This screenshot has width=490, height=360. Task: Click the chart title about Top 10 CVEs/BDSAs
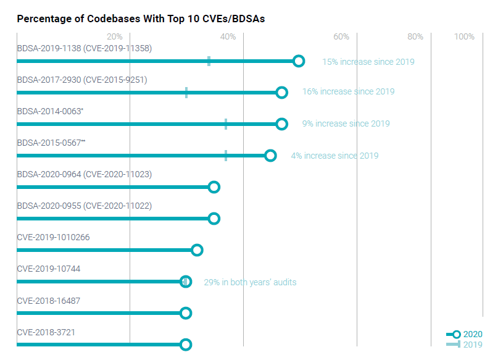click(141, 19)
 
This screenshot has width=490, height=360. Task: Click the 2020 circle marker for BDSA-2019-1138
click(299, 61)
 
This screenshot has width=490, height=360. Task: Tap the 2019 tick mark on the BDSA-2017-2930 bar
click(186, 93)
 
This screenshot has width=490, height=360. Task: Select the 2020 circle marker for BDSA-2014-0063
click(282, 124)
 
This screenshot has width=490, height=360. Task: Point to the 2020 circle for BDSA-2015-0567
click(270, 156)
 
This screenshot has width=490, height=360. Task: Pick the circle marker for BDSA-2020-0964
click(214, 187)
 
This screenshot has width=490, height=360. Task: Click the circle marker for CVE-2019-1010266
click(197, 250)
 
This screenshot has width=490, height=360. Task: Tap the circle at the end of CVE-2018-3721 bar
click(186, 345)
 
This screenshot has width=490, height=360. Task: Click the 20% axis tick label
click(115, 36)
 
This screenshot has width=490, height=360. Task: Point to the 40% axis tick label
click(228, 36)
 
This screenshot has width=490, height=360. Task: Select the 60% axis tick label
click(341, 36)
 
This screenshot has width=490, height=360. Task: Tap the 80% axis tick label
click(415, 36)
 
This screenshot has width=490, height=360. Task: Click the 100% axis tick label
click(464, 36)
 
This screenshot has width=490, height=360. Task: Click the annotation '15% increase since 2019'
click(368, 62)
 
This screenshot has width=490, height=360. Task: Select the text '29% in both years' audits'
click(250, 282)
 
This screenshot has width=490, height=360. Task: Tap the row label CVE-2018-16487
click(49, 301)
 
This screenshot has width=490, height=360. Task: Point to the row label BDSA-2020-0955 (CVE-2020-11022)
click(85, 206)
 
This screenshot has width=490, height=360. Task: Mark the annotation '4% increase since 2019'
click(334, 156)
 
